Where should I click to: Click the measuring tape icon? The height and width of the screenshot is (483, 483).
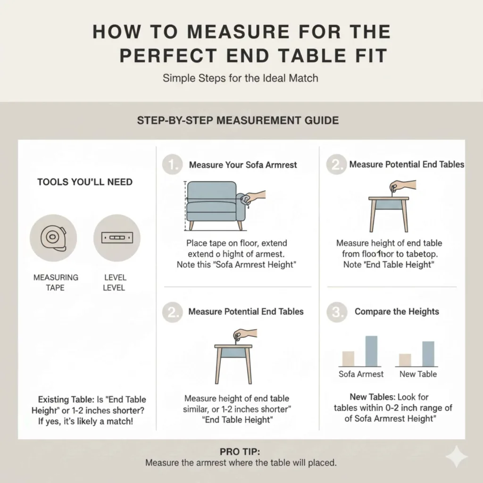tap(53, 238)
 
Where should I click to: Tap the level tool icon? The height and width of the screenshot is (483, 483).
tap(117, 238)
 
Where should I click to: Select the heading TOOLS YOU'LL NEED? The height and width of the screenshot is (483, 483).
tap(85, 182)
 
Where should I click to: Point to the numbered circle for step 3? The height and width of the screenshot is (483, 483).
tap(337, 312)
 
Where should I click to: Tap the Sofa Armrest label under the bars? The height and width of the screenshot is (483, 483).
tap(361, 374)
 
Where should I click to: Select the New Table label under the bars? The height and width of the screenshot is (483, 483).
tap(418, 374)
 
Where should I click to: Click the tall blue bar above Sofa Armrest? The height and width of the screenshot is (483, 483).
tap(371, 351)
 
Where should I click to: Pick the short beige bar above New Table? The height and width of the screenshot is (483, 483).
tap(405, 360)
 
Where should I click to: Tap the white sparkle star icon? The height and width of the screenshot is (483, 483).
tap(457, 457)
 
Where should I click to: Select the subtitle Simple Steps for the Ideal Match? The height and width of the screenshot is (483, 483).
tap(241, 78)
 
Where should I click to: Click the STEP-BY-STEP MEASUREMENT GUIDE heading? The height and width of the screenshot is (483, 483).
tap(238, 120)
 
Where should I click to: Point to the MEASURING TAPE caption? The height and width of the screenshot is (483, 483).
tap(56, 282)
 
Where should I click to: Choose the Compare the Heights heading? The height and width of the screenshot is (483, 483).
tap(397, 312)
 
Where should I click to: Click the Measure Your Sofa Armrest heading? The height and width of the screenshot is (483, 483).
tap(243, 165)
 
